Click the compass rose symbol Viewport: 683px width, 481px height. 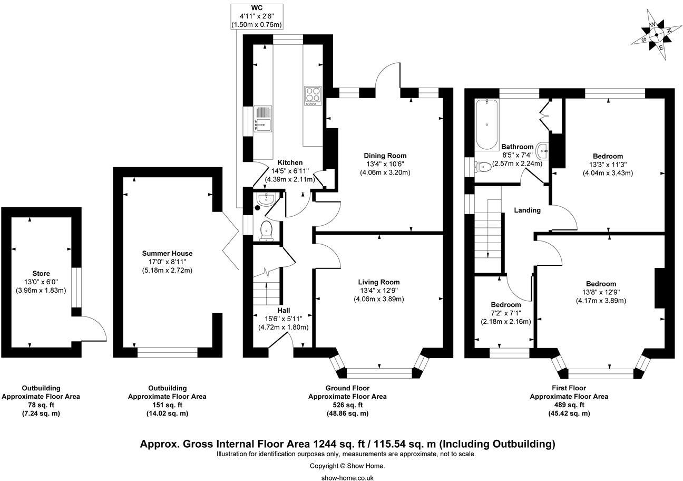point(656,35)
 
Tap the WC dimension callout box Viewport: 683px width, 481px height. point(257,16)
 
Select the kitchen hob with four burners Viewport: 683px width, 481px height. point(313,95)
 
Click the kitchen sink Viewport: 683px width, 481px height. point(262,119)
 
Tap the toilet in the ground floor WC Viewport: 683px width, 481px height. point(266,230)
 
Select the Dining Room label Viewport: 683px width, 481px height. point(385,156)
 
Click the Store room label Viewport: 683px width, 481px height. point(41,273)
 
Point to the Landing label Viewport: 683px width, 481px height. point(527,210)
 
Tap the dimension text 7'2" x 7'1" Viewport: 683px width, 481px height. point(506,313)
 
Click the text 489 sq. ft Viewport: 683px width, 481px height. point(568,405)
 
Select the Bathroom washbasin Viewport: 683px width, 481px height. point(543,151)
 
